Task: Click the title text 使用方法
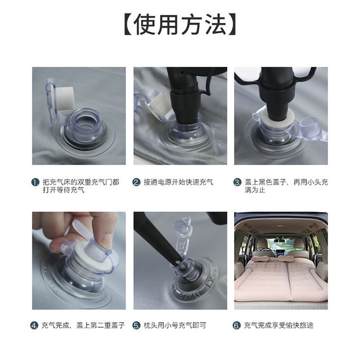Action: click(x=179, y=25)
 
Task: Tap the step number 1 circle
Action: click(x=35, y=182)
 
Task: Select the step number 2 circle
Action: click(x=136, y=182)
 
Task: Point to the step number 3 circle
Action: click(x=237, y=182)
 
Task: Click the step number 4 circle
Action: click(x=35, y=325)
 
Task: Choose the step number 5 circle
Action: click(x=136, y=325)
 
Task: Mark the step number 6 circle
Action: click(x=237, y=325)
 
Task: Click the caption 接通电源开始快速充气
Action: click(x=178, y=182)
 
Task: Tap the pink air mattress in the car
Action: click(x=281, y=278)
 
